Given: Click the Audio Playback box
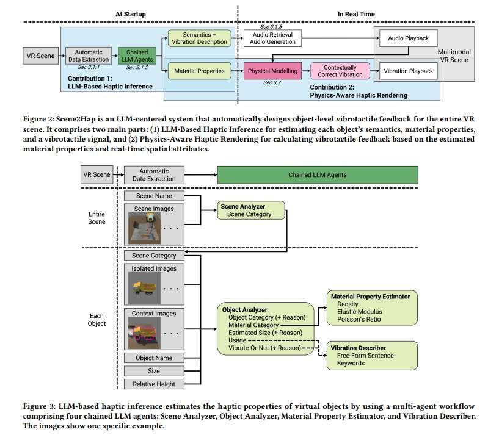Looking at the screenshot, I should pos(409,38).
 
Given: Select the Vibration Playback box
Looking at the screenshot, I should pos(409,71).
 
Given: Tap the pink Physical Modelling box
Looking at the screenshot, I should pos(272,71).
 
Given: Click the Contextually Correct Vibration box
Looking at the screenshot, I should pos(340,71).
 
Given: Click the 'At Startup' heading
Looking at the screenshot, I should pos(131,13).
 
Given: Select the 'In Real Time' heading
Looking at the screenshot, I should pos(356,13).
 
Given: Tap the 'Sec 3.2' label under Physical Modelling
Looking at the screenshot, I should pos(272,82).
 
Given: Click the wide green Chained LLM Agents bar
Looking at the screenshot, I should pos(318,175).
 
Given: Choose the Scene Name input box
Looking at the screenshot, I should pos(154,196).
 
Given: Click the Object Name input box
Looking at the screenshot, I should pos(154,358).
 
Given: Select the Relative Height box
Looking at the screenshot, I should pos(154,384).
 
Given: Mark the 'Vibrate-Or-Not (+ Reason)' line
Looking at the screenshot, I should pos(264,348).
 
